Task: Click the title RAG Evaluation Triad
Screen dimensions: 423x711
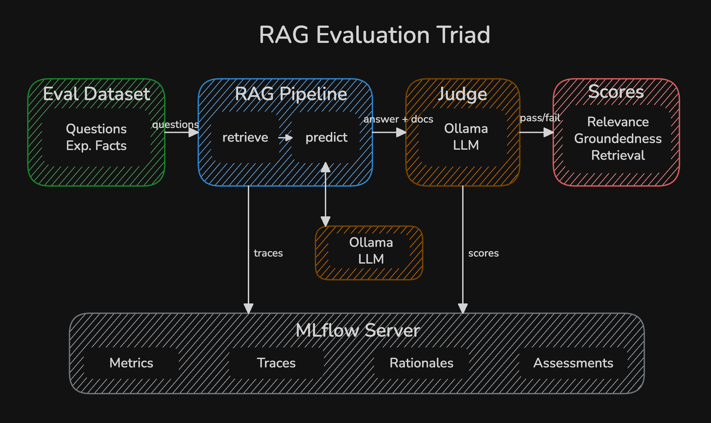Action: point(374,35)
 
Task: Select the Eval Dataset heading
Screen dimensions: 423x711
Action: point(96,94)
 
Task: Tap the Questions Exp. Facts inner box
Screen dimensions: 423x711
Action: point(96,137)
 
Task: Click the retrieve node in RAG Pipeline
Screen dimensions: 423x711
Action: point(245,137)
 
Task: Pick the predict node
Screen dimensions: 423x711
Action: point(326,137)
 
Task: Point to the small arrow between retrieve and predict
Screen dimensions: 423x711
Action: point(285,138)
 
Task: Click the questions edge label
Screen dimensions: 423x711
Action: point(175,124)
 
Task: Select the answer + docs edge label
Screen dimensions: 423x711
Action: point(398,119)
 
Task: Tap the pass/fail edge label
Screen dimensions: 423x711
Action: point(540,118)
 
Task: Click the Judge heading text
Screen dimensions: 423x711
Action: point(463,94)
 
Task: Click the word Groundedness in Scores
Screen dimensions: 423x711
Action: point(618,138)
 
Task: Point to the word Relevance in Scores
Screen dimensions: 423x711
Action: point(618,122)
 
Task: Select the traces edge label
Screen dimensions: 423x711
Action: point(268,253)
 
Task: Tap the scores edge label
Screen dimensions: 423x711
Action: point(483,253)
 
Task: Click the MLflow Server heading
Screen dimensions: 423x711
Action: point(357,331)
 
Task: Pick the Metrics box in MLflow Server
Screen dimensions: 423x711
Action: point(131,363)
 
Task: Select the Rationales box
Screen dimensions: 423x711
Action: point(421,363)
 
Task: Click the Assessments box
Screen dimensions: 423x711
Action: point(573,363)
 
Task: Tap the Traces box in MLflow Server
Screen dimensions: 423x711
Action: point(276,363)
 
